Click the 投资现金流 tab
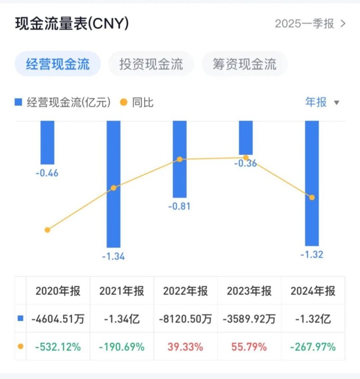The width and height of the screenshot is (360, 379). point(151,64)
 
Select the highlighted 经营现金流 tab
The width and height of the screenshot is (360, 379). point(58,64)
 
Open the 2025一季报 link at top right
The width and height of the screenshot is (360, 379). point(310,23)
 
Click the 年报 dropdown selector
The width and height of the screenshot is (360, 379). point(322,102)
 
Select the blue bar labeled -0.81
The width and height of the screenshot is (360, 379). point(180,159)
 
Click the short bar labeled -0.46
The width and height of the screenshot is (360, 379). point(47,142)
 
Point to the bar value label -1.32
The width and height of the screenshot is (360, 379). point(312,255)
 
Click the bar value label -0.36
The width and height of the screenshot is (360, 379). point(245,164)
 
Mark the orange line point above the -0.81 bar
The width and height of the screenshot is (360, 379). point(180,159)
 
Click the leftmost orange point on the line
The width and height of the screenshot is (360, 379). point(47,230)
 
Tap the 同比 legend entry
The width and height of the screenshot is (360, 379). point(137,102)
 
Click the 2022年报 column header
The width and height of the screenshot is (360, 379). point(185,291)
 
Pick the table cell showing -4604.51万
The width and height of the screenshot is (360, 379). point(58,319)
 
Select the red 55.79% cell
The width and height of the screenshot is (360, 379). point(249,347)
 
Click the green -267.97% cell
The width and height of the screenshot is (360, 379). point(313,347)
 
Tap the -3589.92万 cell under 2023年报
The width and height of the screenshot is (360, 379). point(249,319)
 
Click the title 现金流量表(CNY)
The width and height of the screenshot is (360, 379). point(72,23)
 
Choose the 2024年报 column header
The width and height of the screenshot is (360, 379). point(313,291)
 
